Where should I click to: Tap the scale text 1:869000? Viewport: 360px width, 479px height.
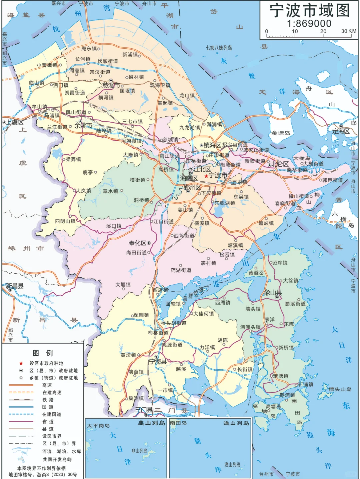[309, 23]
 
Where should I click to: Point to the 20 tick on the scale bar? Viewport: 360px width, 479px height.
[323, 31]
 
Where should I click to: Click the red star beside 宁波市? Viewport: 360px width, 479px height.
[206, 176]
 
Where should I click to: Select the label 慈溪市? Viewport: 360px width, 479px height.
[111, 86]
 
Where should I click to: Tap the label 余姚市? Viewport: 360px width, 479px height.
[83, 126]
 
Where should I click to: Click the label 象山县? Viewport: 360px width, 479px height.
[273, 293]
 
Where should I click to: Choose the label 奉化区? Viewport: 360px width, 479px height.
[138, 243]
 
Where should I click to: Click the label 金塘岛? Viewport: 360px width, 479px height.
[281, 133]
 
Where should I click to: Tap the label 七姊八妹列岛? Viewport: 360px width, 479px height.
[219, 48]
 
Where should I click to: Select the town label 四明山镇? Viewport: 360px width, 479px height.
[65, 221]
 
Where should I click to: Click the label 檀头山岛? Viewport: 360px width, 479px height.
[340, 389]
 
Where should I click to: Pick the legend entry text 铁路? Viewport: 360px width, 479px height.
[48, 400]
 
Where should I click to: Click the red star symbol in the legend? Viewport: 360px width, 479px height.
[21, 363]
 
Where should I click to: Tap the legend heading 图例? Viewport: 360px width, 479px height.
[42, 353]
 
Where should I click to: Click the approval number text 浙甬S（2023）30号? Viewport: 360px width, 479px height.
[57, 475]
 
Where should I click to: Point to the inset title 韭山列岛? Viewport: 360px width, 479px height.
[151, 423]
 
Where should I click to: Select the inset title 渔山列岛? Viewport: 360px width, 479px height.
[236, 423]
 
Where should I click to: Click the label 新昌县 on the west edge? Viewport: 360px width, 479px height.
[15, 286]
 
